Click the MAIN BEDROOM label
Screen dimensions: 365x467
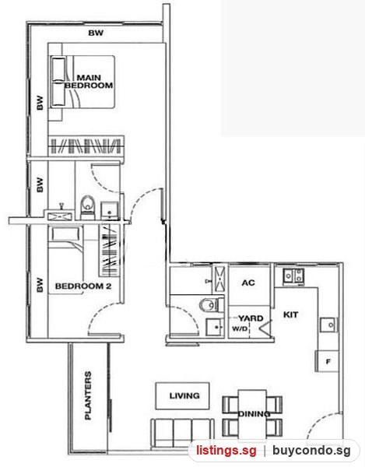tap(89, 82)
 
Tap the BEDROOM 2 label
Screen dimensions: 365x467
tap(83, 286)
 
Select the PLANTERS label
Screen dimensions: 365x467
tap(88, 395)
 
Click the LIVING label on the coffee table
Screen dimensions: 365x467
tap(184, 396)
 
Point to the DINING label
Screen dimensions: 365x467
tap(254, 414)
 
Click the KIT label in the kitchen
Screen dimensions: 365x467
tap(290, 314)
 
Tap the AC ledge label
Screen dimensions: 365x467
tap(248, 283)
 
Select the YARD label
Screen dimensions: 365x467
tap(251, 318)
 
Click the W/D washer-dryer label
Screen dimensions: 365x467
tap(240, 329)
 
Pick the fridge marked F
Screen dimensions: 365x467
tap(327, 361)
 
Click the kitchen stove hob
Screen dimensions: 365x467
tap(293, 276)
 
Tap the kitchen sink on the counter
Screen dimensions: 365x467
tap(329, 325)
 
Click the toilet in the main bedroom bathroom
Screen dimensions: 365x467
tap(88, 205)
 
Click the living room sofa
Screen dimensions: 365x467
tap(182, 433)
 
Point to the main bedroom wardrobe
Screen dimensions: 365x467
tap(86, 146)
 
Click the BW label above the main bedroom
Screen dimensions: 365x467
tap(96, 33)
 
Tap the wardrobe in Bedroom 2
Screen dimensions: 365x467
tap(109, 250)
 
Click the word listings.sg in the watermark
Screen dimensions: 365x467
tap(226, 451)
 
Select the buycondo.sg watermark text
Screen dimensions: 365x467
tap(311, 451)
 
